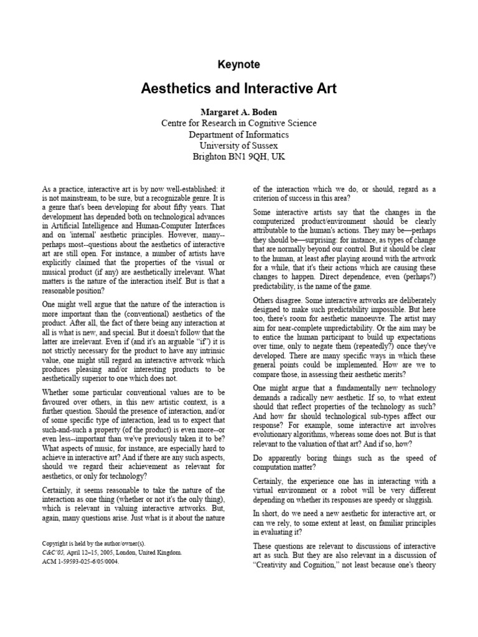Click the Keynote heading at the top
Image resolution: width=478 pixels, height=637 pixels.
coord(239,65)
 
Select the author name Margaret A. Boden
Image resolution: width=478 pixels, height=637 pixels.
coord(239,111)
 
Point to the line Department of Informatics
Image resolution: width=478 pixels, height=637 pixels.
coord(239,134)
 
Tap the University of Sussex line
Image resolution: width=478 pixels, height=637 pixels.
coord(239,146)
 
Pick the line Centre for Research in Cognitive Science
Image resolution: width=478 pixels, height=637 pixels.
coord(239,123)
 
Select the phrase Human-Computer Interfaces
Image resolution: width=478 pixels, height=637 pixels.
coord(185,224)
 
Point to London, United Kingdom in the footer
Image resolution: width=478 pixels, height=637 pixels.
coord(146,552)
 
